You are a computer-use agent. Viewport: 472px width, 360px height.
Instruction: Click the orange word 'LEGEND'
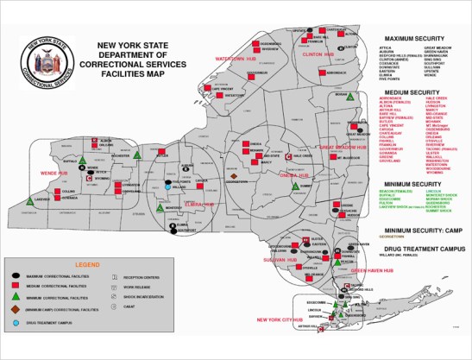coord(88,263)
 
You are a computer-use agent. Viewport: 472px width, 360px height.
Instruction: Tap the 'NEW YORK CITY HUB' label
coord(281,319)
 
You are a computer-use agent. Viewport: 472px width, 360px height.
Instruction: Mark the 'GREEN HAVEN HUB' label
coord(371,269)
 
